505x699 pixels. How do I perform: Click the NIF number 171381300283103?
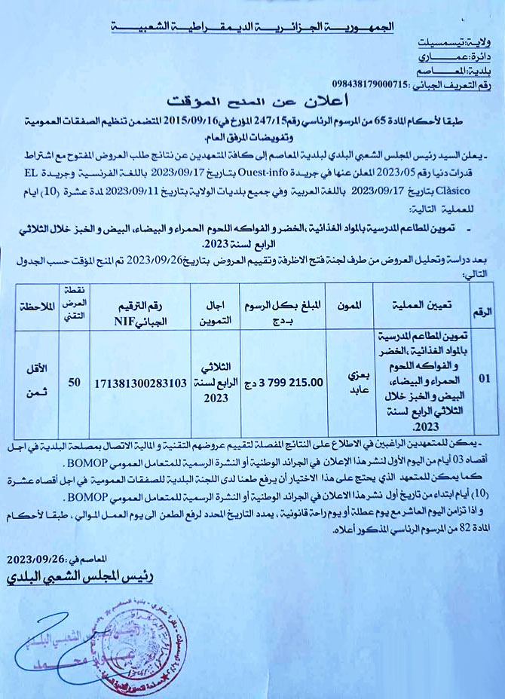141,383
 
